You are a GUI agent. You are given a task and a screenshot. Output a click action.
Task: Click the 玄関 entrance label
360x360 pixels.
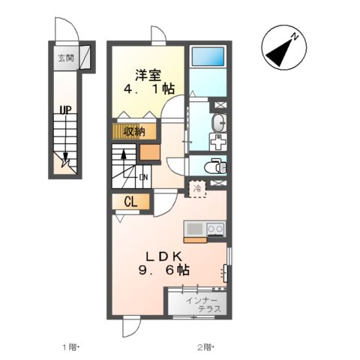coord(66,58)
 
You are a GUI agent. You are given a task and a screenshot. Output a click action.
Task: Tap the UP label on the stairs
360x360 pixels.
coord(65,109)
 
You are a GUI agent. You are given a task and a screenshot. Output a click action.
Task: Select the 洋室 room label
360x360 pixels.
coord(148,75)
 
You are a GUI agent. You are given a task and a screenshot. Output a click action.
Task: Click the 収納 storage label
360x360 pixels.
coord(135,131)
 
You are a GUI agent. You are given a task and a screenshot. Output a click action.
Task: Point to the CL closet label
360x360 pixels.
coord(131,202)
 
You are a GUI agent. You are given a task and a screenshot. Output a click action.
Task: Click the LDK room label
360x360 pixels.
coord(163,256)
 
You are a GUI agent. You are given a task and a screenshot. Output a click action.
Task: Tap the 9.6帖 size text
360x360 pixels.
coord(163,270)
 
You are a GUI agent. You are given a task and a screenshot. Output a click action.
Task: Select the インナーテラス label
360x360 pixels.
coord(203,304)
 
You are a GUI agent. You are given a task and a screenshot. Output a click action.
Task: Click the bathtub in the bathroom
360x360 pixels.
coord(208,56)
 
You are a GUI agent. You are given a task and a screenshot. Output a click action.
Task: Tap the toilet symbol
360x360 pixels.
coord(215,166)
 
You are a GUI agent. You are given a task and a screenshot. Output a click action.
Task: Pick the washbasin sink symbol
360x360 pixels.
coord(219,123)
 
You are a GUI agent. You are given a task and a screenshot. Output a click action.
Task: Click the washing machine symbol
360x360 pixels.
coord(218,142)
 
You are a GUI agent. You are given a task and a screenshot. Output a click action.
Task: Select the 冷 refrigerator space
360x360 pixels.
coord(197,189)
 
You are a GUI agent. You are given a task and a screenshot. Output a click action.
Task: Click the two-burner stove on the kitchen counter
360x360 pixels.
coord(216,229)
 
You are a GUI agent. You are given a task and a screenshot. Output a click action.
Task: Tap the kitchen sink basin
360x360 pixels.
coord(195,229)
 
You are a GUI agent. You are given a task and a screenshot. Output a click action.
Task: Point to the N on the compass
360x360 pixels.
coord(295,37)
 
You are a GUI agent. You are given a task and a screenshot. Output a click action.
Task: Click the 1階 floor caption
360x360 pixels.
coord(70,347)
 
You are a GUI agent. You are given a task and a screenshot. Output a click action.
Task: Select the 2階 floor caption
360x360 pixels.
coord(205,347)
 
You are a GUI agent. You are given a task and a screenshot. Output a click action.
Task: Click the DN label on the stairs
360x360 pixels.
coord(144,177)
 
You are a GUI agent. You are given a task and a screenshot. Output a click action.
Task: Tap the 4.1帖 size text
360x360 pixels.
coord(149,88)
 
